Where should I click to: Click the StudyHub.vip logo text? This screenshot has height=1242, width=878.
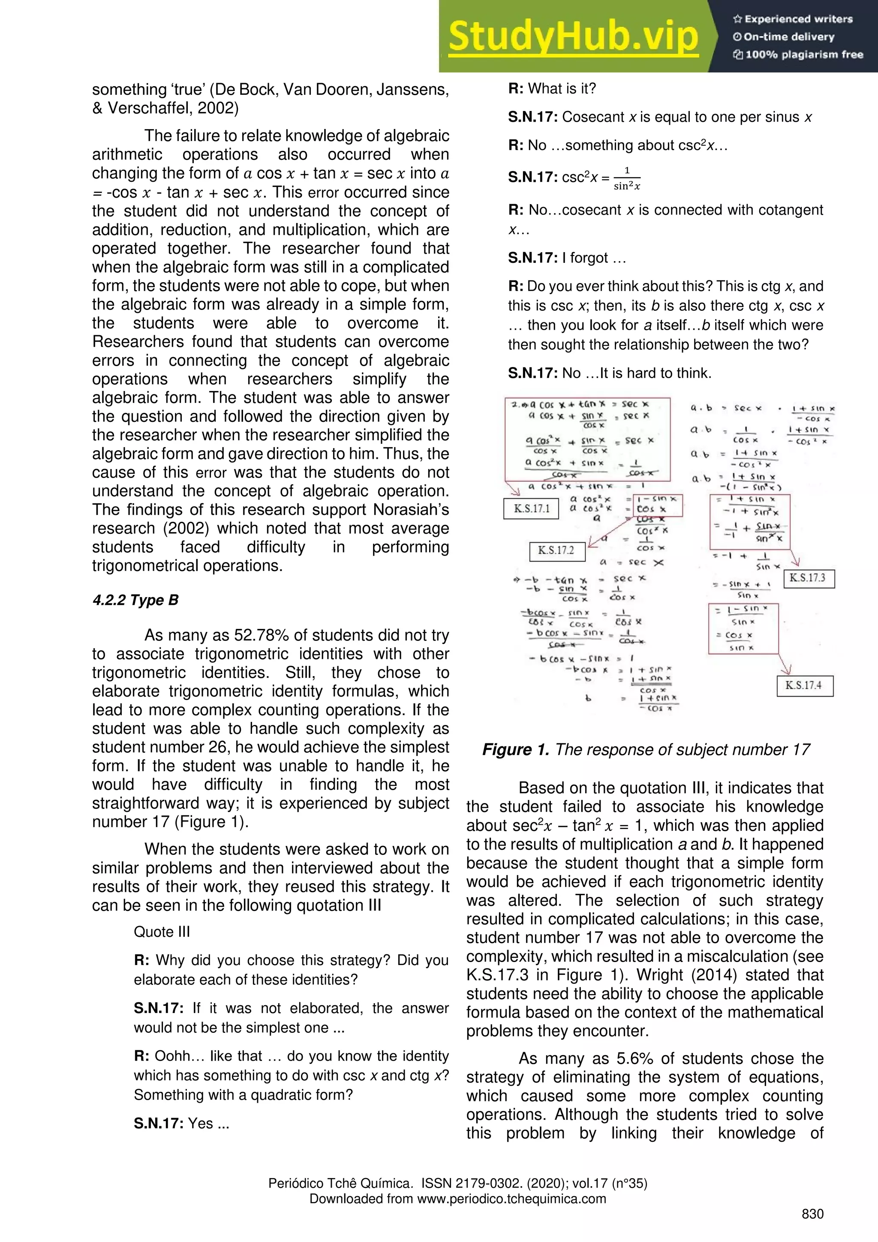click(x=574, y=37)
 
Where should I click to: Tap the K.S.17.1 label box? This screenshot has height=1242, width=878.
click(x=531, y=509)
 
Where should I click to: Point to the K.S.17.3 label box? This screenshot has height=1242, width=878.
click(x=808, y=578)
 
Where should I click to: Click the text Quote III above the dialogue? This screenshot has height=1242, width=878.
click(x=162, y=932)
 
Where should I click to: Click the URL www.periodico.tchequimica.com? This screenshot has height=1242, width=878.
click(x=511, y=1199)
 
